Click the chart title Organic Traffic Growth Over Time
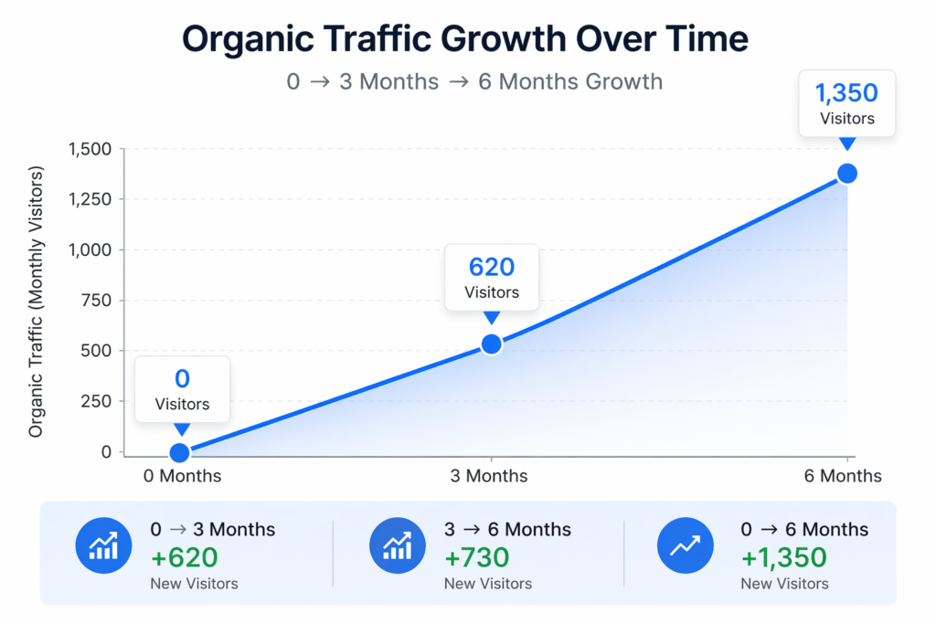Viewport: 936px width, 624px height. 466,39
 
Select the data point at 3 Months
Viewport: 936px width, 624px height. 492,344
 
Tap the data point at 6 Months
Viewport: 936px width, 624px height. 847,174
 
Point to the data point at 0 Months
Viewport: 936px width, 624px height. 180,452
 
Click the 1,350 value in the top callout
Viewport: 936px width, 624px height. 846,93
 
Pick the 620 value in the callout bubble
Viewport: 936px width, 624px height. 492,267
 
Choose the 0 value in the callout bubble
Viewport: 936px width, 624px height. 182,378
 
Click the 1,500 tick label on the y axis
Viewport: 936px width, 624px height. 90,150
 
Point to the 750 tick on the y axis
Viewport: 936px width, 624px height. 96,301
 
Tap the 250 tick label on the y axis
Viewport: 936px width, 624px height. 96,401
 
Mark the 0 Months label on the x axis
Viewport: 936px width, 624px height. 182,476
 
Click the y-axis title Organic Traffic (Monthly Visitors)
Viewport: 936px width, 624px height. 37,301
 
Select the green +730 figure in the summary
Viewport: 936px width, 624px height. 477,556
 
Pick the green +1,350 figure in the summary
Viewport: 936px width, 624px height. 784,556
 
